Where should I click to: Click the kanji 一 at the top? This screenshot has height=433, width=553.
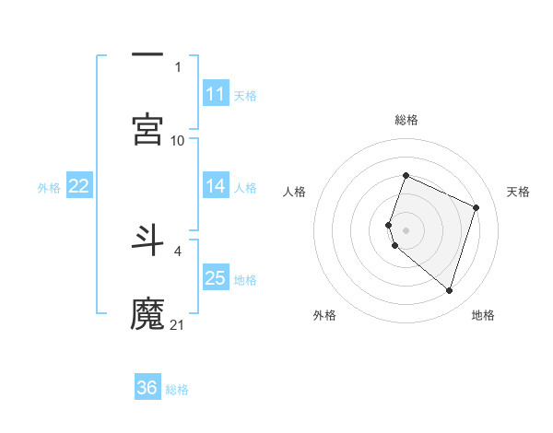click(147, 56)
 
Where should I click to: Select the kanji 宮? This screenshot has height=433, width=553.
click(147, 129)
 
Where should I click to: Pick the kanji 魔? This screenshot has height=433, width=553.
click(147, 313)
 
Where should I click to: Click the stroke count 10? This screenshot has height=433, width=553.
click(178, 140)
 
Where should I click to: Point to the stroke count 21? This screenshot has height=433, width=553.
click(178, 324)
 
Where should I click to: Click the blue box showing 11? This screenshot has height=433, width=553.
click(216, 94)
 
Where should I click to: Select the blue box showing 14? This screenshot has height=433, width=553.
click(216, 186)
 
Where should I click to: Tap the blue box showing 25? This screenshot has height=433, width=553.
click(216, 278)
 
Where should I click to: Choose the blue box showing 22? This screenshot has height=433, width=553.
click(79, 186)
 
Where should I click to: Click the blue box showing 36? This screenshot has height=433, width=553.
click(147, 388)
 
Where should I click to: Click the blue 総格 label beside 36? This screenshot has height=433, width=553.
click(177, 390)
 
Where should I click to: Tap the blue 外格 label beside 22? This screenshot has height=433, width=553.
click(49, 188)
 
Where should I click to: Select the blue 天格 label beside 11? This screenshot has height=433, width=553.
click(245, 96)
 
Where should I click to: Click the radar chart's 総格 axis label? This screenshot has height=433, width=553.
click(406, 120)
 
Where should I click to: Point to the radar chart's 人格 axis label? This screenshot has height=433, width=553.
click(294, 192)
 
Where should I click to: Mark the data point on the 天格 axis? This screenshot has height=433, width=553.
click(477, 207)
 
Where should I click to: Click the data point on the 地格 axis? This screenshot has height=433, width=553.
click(450, 291)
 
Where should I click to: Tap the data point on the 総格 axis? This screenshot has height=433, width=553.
click(406, 176)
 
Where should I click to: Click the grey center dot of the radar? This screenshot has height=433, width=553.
click(406, 229)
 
